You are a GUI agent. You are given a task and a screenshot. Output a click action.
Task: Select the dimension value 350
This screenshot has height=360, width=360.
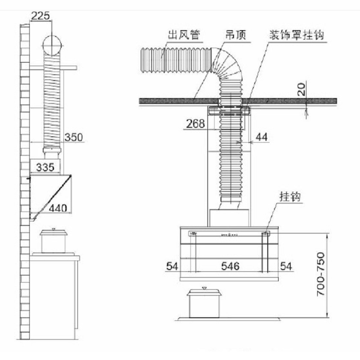73,137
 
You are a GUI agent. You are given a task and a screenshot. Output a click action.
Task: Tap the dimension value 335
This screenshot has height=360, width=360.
46,167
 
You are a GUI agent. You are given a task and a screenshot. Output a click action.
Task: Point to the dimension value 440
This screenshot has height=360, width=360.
58,208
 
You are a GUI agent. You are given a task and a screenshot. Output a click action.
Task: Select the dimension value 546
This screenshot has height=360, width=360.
229,266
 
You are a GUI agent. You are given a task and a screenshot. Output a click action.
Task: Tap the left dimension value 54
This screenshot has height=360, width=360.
171,266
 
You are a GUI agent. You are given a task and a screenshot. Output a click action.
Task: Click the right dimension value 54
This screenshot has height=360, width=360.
286,266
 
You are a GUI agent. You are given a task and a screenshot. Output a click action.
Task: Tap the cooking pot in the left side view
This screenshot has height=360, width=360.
54,242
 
